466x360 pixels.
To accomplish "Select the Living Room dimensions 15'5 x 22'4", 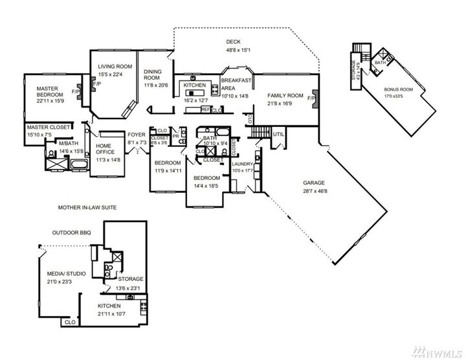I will pos(115,74).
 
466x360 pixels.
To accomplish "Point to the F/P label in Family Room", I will pos(311,98).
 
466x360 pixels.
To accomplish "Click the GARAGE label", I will pos(314,183).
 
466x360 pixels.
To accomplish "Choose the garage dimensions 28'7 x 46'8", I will pos(314,190).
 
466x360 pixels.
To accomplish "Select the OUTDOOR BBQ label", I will pos(73,231).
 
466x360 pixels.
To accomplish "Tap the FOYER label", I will pos(136,134).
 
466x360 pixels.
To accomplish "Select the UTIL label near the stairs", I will pos(279,134).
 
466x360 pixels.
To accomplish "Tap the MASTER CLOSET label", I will pos(47,128).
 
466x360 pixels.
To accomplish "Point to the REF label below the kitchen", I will pos(205,109).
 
